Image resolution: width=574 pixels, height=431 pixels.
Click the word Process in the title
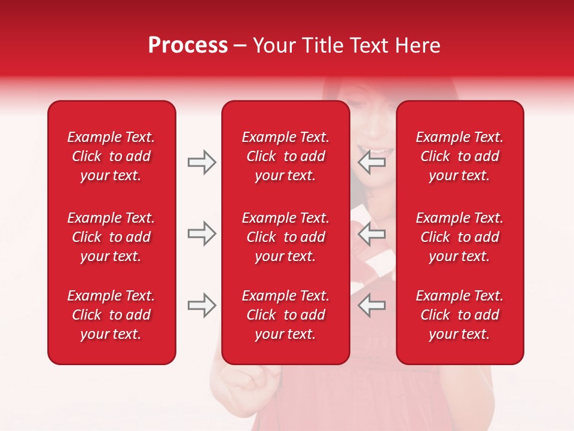point(188,45)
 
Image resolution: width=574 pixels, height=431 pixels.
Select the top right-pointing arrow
point(201,162)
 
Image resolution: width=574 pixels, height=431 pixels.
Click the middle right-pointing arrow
point(201,233)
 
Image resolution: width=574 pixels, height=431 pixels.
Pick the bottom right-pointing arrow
point(201,305)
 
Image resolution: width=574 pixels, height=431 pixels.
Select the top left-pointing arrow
point(372,162)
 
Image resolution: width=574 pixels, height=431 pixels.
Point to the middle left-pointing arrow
point(372,233)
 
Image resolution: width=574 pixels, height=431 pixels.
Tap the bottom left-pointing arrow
point(372,305)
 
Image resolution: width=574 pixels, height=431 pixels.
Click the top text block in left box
point(111,156)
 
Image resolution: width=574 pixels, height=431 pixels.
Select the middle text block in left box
point(111,237)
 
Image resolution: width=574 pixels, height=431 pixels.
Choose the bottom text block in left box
point(111,315)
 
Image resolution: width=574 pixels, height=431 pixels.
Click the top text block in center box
point(285,156)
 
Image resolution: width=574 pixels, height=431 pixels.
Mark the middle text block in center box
point(285,237)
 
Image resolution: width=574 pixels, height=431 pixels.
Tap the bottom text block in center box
point(285,315)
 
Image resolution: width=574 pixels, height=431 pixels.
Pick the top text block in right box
point(459,156)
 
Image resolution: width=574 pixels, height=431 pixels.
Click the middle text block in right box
point(459,237)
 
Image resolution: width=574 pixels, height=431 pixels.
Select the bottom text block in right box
point(459,315)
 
